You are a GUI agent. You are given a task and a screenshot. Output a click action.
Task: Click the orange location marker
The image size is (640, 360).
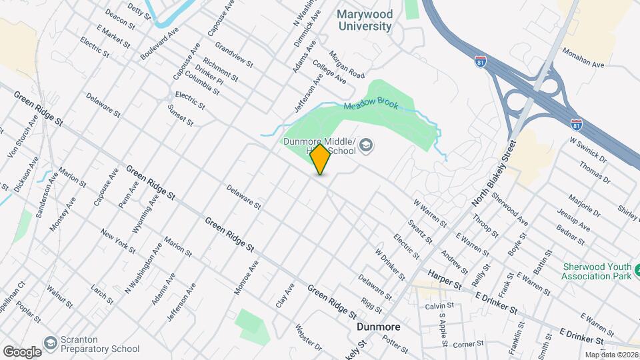(x=321, y=159)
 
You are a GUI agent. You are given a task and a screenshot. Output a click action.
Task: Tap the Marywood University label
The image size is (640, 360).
(x=363, y=20)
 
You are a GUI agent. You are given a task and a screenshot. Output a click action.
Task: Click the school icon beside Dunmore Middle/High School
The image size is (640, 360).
(x=366, y=145)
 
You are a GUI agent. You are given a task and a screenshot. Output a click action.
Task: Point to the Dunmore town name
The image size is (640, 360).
(x=378, y=327)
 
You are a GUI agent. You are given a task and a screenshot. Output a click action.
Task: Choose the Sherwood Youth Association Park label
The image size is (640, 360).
(x=595, y=271)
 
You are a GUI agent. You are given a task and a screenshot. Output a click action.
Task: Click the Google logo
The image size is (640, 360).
(x=22, y=351)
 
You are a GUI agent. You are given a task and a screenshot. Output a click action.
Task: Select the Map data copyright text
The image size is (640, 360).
(x=611, y=355)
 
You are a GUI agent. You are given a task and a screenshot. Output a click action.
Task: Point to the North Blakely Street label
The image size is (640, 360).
(x=494, y=173)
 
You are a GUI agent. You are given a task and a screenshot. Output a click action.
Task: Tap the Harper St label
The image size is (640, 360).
(x=445, y=279)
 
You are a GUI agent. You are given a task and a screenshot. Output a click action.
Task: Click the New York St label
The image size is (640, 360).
(x=117, y=242)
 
